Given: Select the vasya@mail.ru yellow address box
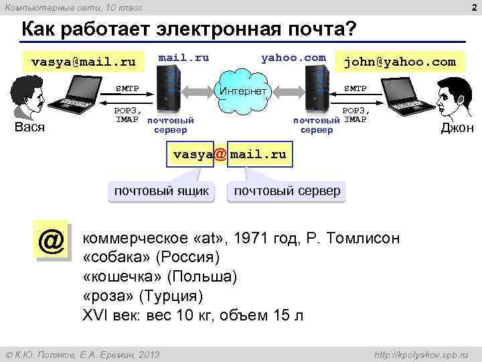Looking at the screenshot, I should click(x=83, y=62).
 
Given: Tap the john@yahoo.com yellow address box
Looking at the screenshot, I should click(x=399, y=62).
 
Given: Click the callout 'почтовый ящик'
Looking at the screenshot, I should click(x=161, y=191).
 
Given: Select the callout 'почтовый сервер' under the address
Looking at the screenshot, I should click(x=287, y=191).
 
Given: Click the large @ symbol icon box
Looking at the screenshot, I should click(x=51, y=241).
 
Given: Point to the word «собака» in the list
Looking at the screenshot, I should click(x=116, y=257).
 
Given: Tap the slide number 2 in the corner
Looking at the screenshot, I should click(x=473, y=7).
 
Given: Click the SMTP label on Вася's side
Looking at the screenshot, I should click(x=127, y=88).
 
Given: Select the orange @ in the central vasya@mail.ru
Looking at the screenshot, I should click(x=220, y=154).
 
